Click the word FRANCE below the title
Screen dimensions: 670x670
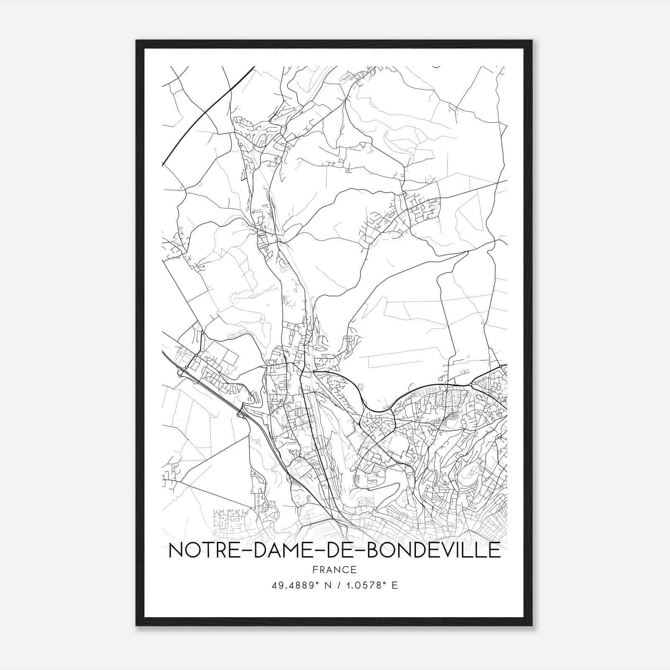(x=334, y=569)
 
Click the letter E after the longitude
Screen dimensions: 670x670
(x=394, y=585)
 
